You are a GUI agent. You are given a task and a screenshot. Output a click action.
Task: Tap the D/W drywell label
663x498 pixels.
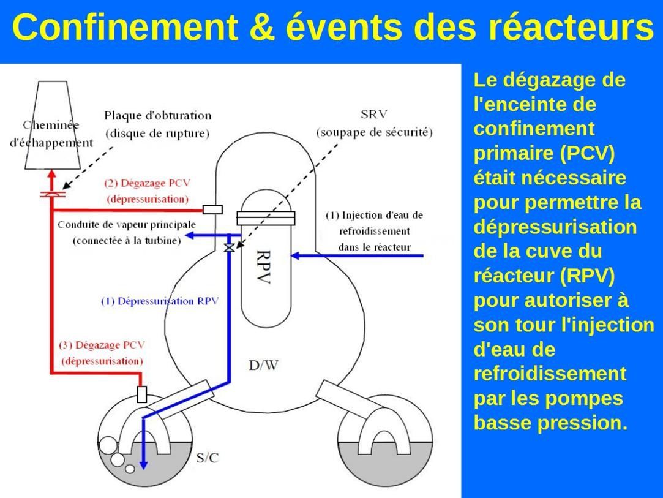(x=264, y=366)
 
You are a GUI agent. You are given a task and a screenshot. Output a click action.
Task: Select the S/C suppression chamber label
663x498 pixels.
(x=208, y=458)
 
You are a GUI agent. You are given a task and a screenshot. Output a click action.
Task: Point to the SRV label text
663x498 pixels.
(x=374, y=115)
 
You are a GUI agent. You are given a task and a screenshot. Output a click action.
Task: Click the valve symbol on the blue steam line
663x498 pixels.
(x=229, y=248)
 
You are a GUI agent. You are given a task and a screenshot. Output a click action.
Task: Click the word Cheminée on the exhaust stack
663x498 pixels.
(x=51, y=125)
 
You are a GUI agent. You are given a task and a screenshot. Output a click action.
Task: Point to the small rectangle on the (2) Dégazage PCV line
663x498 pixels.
(x=212, y=209)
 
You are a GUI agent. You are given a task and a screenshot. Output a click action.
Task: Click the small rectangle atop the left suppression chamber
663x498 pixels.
(x=142, y=394)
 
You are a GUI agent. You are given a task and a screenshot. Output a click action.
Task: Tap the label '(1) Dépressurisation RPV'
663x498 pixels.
(x=159, y=301)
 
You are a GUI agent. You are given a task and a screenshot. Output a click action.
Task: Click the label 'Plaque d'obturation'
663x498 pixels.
(x=157, y=115)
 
